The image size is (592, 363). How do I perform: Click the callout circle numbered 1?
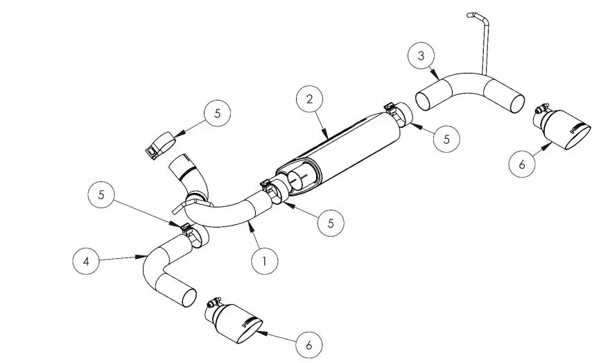[x=265, y=261]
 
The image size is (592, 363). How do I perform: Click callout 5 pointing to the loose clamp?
[x=217, y=114]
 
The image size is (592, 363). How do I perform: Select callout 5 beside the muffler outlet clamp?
[x=447, y=139]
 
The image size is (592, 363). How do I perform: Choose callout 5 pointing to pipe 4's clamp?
[x=101, y=196]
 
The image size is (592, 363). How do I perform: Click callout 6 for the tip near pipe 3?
[x=522, y=164]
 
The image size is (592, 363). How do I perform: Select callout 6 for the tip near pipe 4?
[x=309, y=343]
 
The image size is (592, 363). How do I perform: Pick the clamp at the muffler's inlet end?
[x=275, y=190]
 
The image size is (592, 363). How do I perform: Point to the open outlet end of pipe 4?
[x=186, y=297]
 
